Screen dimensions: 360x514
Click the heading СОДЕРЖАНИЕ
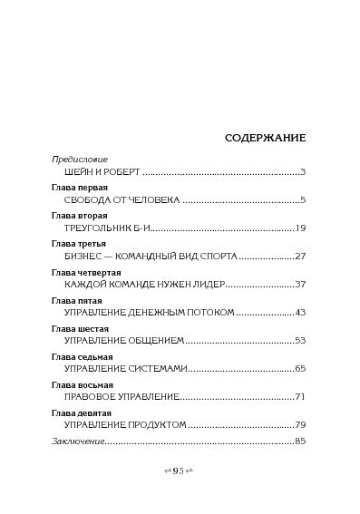(x=265, y=138)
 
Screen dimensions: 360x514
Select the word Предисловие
(x=78, y=159)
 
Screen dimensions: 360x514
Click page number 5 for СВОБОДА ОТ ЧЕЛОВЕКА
(x=303, y=199)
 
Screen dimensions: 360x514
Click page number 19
(x=301, y=228)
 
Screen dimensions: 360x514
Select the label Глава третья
(x=80, y=243)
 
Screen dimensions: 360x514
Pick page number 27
(x=300, y=256)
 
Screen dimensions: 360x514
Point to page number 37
(x=300, y=284)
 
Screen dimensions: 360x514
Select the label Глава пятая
(x=77, y=299)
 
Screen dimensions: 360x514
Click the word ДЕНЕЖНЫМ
(x=156, y=312)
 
